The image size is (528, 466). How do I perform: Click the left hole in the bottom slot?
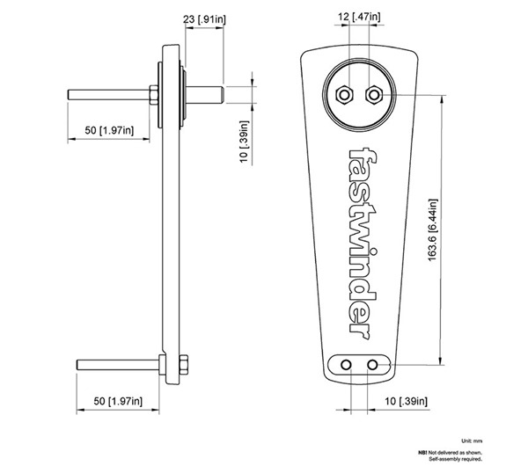pos(349,363)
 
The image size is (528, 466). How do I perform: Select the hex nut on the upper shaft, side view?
pos(154,92)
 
